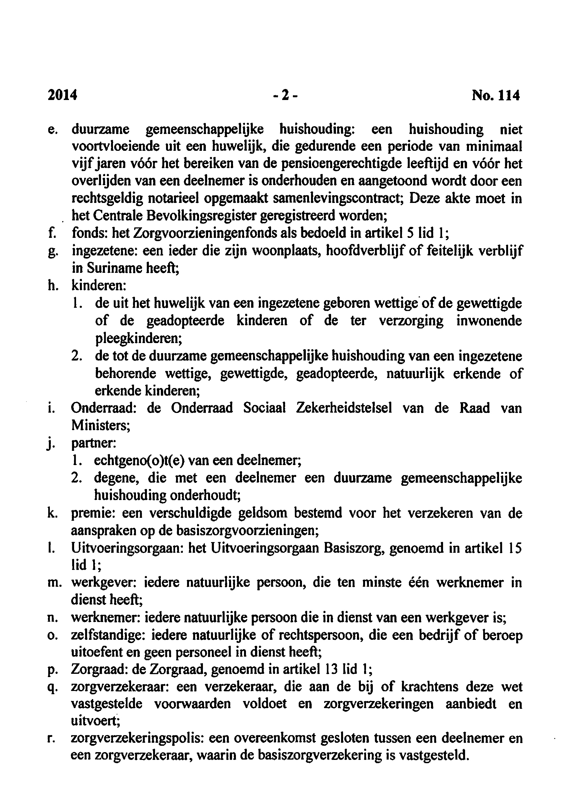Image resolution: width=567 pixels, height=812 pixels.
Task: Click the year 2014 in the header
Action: (x=62, y=95)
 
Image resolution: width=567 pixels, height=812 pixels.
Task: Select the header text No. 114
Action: (x=496, y=95)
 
